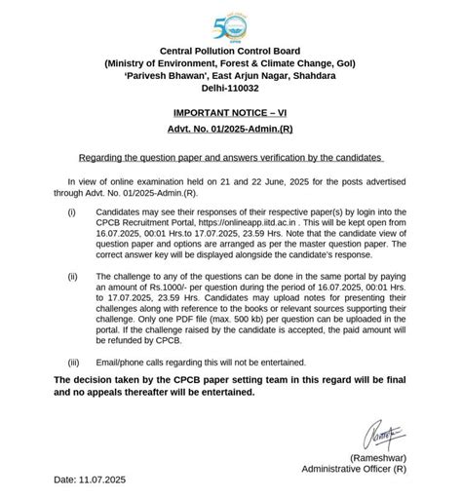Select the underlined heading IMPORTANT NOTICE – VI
click(x=230, y=114)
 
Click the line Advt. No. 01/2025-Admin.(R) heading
click(x=230, y=132)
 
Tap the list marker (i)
click(x=71, y=210)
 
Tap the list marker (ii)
click(x=72, y=277)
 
